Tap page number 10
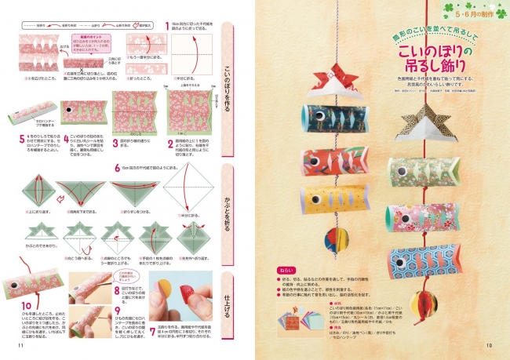coord(488,346)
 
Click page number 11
coord(21,346)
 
